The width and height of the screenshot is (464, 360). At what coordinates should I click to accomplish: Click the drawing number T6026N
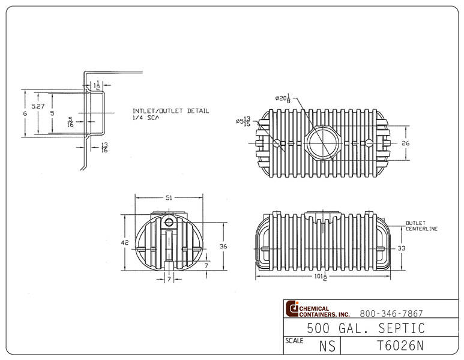(400, 346)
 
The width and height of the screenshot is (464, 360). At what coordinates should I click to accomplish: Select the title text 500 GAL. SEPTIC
(366, 328)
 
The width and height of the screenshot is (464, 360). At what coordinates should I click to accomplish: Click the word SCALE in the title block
(294, 340)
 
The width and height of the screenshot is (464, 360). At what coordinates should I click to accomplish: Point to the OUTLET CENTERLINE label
(421, 226)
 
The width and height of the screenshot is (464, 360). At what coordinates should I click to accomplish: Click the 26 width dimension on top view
(405, 143)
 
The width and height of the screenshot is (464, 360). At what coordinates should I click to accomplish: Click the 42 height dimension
(124, 243)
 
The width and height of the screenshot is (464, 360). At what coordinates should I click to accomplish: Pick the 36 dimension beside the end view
(223, 246)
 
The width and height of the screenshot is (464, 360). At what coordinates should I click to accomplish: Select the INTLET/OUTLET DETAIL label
(170, 111)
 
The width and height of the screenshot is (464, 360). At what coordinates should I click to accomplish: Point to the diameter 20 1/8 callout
(284, 98)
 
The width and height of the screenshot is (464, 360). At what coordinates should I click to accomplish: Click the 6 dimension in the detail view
(25, 113)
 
